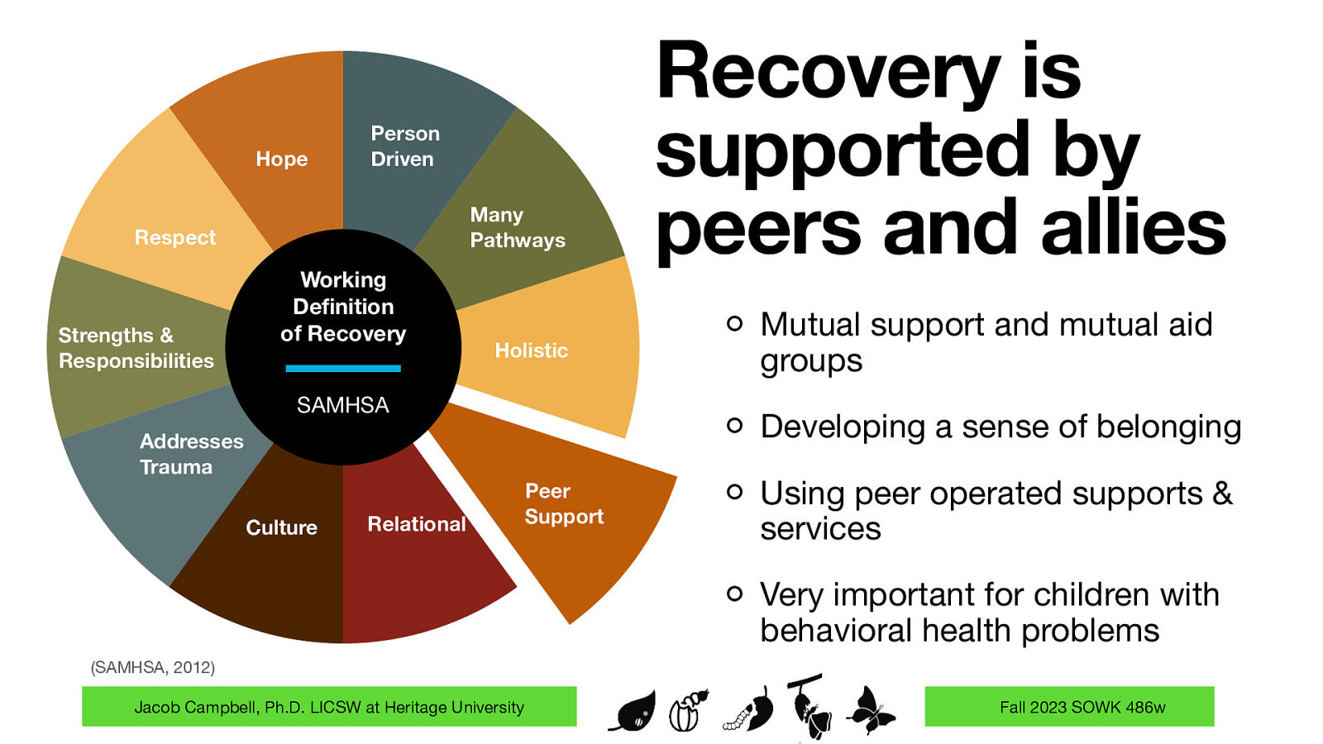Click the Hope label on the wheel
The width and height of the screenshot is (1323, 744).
[281, 159]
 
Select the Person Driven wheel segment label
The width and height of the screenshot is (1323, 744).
[404, 146]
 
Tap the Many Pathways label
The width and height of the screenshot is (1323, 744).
[518, 227]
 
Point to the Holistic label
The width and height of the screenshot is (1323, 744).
[531, 351]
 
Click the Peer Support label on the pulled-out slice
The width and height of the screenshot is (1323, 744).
[564, 503]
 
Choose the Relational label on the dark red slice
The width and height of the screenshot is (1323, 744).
[417, 524]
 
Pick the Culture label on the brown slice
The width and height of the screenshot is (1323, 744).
[281, 527]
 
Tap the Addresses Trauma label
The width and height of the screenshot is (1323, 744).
[191, 454]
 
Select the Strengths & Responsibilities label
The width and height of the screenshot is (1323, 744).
[136, 348]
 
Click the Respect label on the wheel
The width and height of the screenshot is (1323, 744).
[174, 238]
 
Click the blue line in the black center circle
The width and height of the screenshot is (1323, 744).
[342, 369]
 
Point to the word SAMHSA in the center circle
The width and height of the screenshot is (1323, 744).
[342, 405]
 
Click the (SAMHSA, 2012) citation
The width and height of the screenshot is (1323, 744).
[152, 667]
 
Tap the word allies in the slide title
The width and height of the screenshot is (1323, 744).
[1134, 227]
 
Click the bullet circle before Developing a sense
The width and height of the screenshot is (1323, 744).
[734, 426]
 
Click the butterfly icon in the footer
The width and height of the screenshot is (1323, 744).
[870, 709]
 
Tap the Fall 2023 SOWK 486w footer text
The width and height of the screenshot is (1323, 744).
[1082, 707]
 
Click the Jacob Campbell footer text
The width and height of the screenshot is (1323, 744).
[329, 707]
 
